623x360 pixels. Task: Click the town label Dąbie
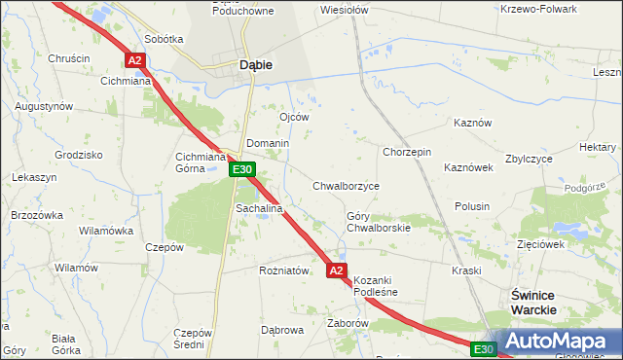click(x=255, y=65)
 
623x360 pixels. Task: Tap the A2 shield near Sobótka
click(x=135, y=60)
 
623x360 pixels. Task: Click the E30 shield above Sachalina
click(x=243, y=170)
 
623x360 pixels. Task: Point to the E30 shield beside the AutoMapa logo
click(x=484, y=348)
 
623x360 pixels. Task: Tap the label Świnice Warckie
click(x=534, y=301)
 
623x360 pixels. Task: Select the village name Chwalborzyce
click(x=346, y=185)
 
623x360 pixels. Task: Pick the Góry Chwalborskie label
click(x=379, y=222)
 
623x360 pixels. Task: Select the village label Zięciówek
click(x=541, y=244)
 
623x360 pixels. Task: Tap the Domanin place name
click(x=268, y=143)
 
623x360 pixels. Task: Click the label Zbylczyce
click(x=530, y=159)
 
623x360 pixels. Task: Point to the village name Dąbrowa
click(x=283, y=330)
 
